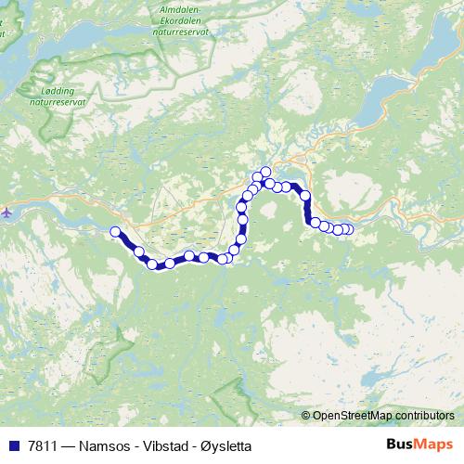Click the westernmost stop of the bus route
(115, 232)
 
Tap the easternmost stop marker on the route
(348, 229)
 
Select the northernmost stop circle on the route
(265, 171)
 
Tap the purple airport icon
(7, 213)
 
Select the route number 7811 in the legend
(41, 445)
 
